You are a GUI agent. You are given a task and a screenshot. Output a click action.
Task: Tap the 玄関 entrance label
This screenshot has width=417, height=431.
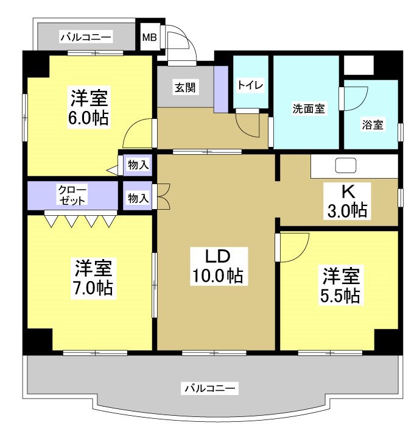[x=185, y=87]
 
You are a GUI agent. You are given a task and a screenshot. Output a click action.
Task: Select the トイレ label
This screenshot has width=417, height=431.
[x=250, y=85]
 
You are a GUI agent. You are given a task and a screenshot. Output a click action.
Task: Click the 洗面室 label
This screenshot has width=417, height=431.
[x=307, y=109]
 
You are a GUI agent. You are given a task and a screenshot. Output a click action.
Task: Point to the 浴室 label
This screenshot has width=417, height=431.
[x=373, y=125]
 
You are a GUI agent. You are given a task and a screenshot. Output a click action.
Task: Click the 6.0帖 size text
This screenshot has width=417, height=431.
[x=88, y=118]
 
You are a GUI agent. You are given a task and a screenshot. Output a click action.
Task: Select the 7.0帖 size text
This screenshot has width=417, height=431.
[x=93, y=287]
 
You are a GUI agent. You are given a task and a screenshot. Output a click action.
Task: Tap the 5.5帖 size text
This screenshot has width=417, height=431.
[x=340, y=296]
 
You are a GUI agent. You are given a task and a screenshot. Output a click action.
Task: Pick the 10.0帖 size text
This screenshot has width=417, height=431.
[x=217, y=276]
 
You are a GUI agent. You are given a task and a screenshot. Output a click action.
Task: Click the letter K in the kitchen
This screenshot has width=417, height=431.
[x=346, y=191]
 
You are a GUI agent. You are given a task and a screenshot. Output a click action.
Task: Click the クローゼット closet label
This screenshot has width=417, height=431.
[x=72, y=194]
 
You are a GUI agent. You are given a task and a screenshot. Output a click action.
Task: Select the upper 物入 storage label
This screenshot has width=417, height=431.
[x=138, y=164]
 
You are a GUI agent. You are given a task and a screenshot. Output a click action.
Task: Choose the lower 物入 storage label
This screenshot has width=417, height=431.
[x=138, y=197]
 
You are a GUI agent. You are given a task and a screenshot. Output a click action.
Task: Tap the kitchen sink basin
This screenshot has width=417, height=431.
[x=345, y=165]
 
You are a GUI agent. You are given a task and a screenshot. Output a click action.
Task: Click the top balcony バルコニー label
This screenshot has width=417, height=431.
[x=86, y=38]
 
